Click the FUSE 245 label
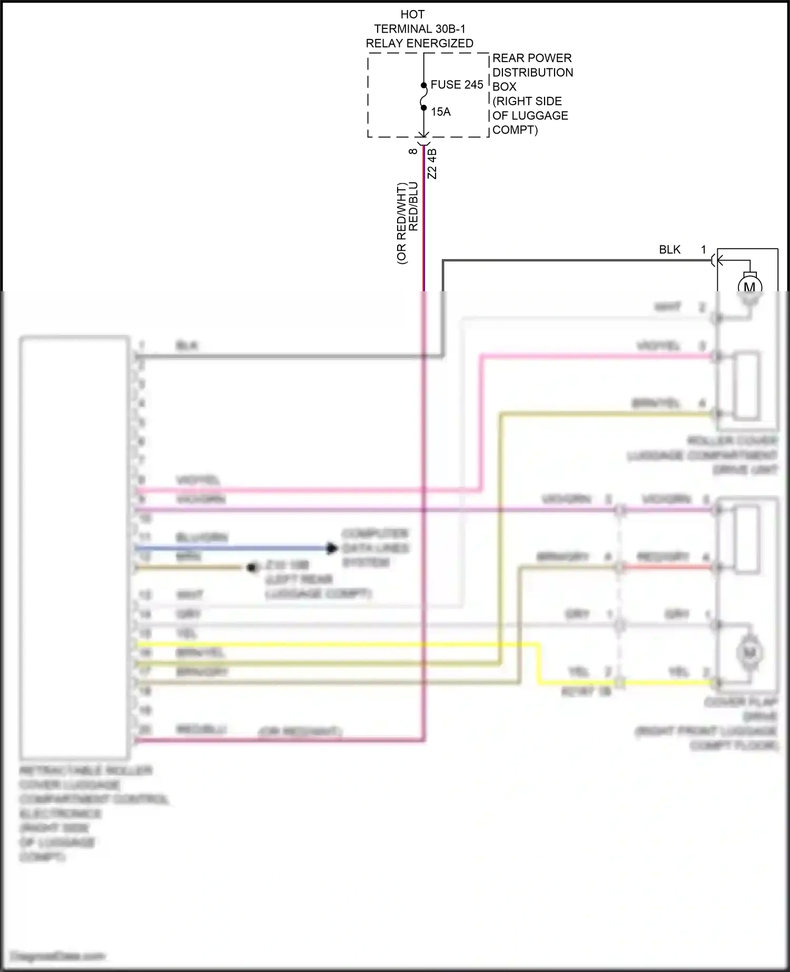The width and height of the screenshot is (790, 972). [457, 85]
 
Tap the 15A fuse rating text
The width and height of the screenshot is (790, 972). [441, 112]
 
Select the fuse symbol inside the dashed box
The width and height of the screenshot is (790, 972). [423, 97]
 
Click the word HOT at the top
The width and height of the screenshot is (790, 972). [412, 15]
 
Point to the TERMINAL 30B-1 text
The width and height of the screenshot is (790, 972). [419, 29]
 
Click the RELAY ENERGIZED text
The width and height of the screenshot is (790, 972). [419, 43]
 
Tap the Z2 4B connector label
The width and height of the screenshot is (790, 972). [432, 164]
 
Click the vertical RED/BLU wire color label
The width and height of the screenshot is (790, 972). [413, 206]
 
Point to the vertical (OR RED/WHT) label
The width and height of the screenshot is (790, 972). [401, 223]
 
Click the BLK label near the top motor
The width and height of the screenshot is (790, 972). [669, 250]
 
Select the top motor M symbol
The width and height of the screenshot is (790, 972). [749, 287]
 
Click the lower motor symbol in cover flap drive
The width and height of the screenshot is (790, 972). [749, 653]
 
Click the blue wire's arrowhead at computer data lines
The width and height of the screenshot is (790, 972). [331, 549]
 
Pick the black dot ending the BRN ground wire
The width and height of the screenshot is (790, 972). [253, 568]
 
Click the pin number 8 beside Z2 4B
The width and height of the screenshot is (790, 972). [413, 151]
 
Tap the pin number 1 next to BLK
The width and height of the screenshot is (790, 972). [703, 250]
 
